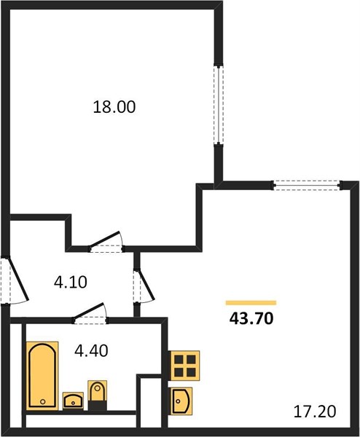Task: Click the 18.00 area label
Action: click(114, 107)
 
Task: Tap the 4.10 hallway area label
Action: click(71, 282)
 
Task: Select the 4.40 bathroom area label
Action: click(91, 350)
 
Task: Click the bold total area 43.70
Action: click(251, 318)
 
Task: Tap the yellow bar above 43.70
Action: click(251, 303)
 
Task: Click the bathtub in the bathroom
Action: click(42, 376)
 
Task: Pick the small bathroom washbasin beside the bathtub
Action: click(73, 401)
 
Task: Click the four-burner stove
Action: click(184, 366)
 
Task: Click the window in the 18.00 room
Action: click(219, 105)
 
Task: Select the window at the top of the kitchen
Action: click(307, 185)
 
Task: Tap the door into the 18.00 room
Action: click(106, 243)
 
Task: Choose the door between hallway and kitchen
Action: click(144, 286)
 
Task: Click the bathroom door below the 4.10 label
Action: click(90, 314)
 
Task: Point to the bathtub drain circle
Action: click(43, 401)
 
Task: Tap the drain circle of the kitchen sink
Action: click(178, 401)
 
